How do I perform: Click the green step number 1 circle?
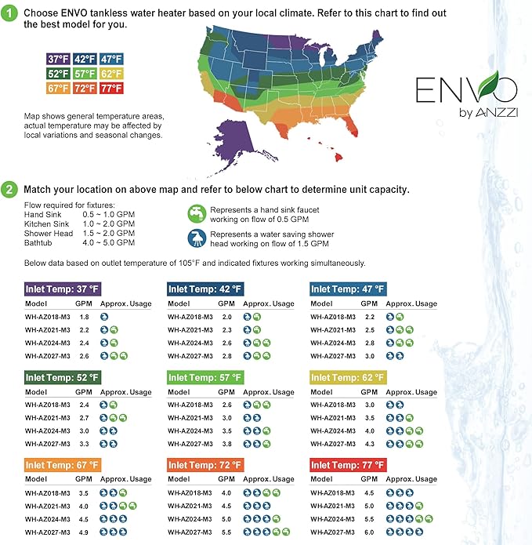(10, 14)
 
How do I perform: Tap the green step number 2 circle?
(10, 190)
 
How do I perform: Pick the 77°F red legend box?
(111, 89)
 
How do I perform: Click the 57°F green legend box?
(85, 74)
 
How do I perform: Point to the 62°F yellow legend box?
(111, 74)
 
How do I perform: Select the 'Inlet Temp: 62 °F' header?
(348, 377)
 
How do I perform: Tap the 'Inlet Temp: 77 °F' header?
(348, 465)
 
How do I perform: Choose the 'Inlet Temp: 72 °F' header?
(205, 465)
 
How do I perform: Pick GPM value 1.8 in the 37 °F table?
(85, 316)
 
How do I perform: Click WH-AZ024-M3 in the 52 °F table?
(47, 431)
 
